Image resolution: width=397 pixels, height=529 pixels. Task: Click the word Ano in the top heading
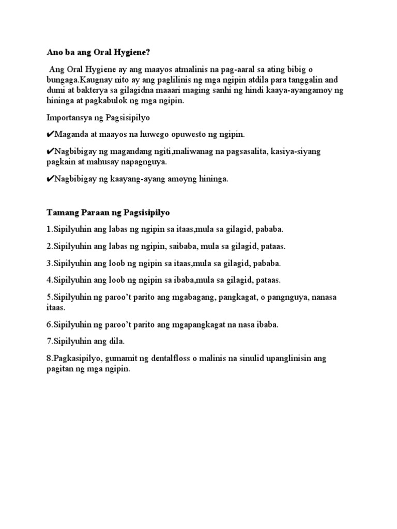coord(54,52)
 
